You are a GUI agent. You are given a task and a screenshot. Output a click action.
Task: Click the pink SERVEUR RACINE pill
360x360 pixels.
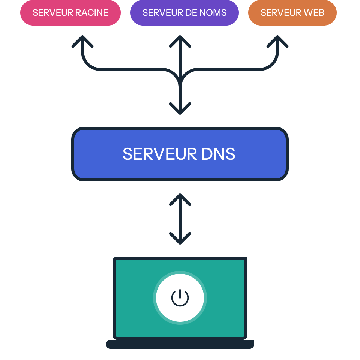tap(70, 13)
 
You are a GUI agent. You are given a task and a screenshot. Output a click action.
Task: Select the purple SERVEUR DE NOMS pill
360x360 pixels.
tap(184, 13)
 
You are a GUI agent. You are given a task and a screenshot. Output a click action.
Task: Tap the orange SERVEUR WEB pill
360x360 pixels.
tap(292, 13)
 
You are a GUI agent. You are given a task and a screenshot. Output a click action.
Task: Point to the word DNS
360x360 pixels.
tap(218, 154)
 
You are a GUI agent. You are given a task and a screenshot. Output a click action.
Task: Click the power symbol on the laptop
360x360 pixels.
tap(180, 298)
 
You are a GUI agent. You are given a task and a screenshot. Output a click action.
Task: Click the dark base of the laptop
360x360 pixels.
tap(180, 344)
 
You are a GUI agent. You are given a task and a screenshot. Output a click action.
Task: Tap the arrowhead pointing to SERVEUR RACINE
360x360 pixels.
tap(82, 40)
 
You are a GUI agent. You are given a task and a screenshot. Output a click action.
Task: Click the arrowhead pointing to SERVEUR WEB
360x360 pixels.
tap(277, 40)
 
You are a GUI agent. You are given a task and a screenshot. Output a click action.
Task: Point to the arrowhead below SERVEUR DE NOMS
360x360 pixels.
tap(180, 40)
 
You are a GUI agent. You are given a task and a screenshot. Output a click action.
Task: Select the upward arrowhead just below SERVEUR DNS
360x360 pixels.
tap(180, 199)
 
